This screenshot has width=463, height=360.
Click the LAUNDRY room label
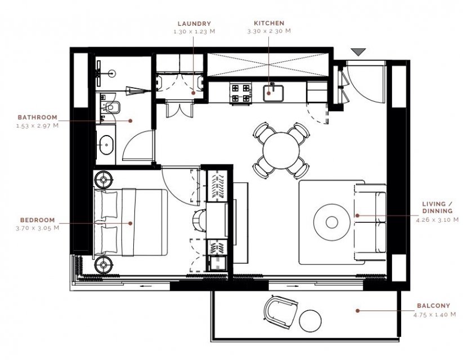pyautogui.click(x=194, y=24)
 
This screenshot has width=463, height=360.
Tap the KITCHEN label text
pyautogui.click(x=269, y=23)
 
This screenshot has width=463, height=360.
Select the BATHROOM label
pyautogui.click(x=38, y=117)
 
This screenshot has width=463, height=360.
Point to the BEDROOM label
pyautogui.click(x=38, y=220)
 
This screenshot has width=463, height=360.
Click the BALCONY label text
pyautogui.click(x=434, y=305)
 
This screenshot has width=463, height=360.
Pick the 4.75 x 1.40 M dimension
pyautogui.click(x=435, y=314)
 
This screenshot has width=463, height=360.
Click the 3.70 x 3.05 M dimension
pyautogui.click(x=38, y=228)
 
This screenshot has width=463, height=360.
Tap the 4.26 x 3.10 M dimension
pyautogui.click(x=437, y=220)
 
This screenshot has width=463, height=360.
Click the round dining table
pyautogui.click(x=281, y=151)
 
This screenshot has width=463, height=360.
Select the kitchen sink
pyautogui.click(x=273, y=93)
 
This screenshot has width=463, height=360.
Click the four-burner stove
pyautogui.click(x=241, y=94)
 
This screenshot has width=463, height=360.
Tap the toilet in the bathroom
pyautogui.click(x=111, y=107)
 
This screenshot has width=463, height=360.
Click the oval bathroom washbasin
pyautogui.click(x=106, y=145)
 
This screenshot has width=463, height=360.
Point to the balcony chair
pyautogui.click(x=280, y=312)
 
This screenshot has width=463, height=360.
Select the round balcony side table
pyautogui.click(x=310, y=321)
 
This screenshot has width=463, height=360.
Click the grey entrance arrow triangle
pyautogui.click(x=359, y=52)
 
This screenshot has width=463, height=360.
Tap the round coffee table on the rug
pyautogui.click(x=331, y=222)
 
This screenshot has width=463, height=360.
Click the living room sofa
pyautogui.click(x=371, y=222)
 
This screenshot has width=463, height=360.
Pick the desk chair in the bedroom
pyautogui.click(x=199, y=220)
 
